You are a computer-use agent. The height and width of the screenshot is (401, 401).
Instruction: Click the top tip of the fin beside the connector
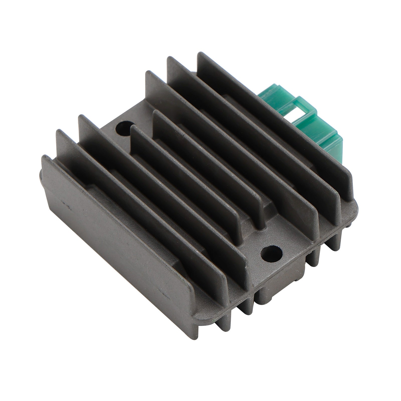click(200, 54)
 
